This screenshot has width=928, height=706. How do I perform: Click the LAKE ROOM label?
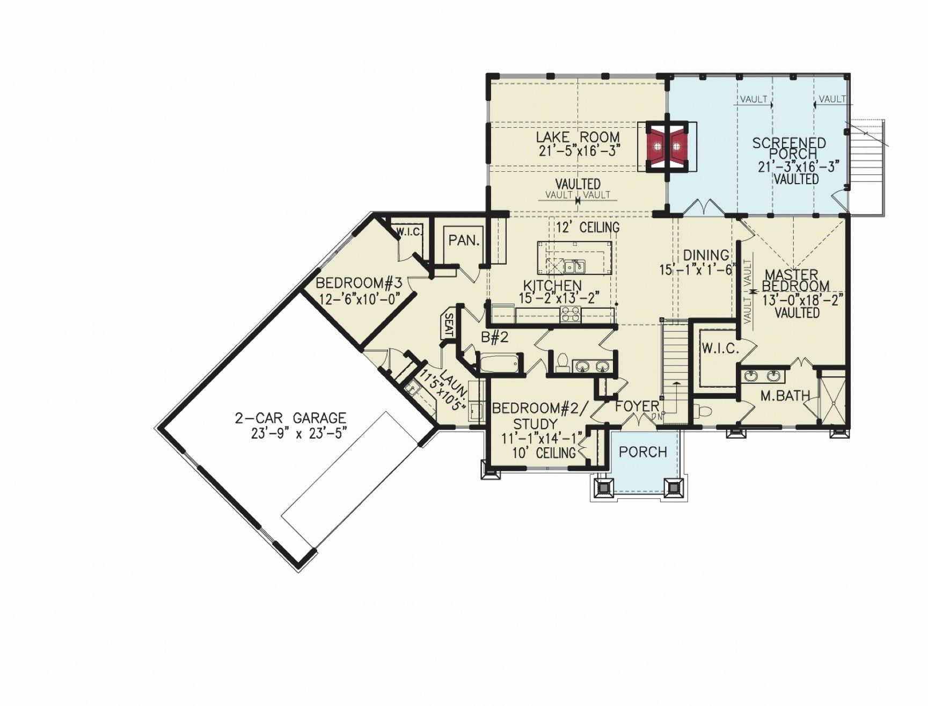[x=578, y=137]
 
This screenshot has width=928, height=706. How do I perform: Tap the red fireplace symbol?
[x=667, y=145]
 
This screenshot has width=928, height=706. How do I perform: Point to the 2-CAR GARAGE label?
[x=290, y=418]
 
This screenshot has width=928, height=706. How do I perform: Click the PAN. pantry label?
[x=463, y=241]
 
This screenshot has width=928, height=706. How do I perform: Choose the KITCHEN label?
[x=552, y=286]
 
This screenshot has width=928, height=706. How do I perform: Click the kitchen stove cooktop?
[x=571, y=314]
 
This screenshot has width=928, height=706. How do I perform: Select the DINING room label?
[x=706, y=255]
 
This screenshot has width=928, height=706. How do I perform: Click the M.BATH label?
[x=785, y=396]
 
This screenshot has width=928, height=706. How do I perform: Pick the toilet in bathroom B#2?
[x=562, y=362]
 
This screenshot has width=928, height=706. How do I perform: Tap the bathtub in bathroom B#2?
[x=499, y=363]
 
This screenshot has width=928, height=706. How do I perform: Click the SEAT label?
[x=449, y=325]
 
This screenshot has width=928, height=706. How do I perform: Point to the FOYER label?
[x=637, y=406]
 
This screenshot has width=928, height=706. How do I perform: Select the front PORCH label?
[x=642, y=452]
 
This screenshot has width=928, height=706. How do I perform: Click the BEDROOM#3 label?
[x=359, y=283]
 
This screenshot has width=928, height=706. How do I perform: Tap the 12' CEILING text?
[x=587, y=227]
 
